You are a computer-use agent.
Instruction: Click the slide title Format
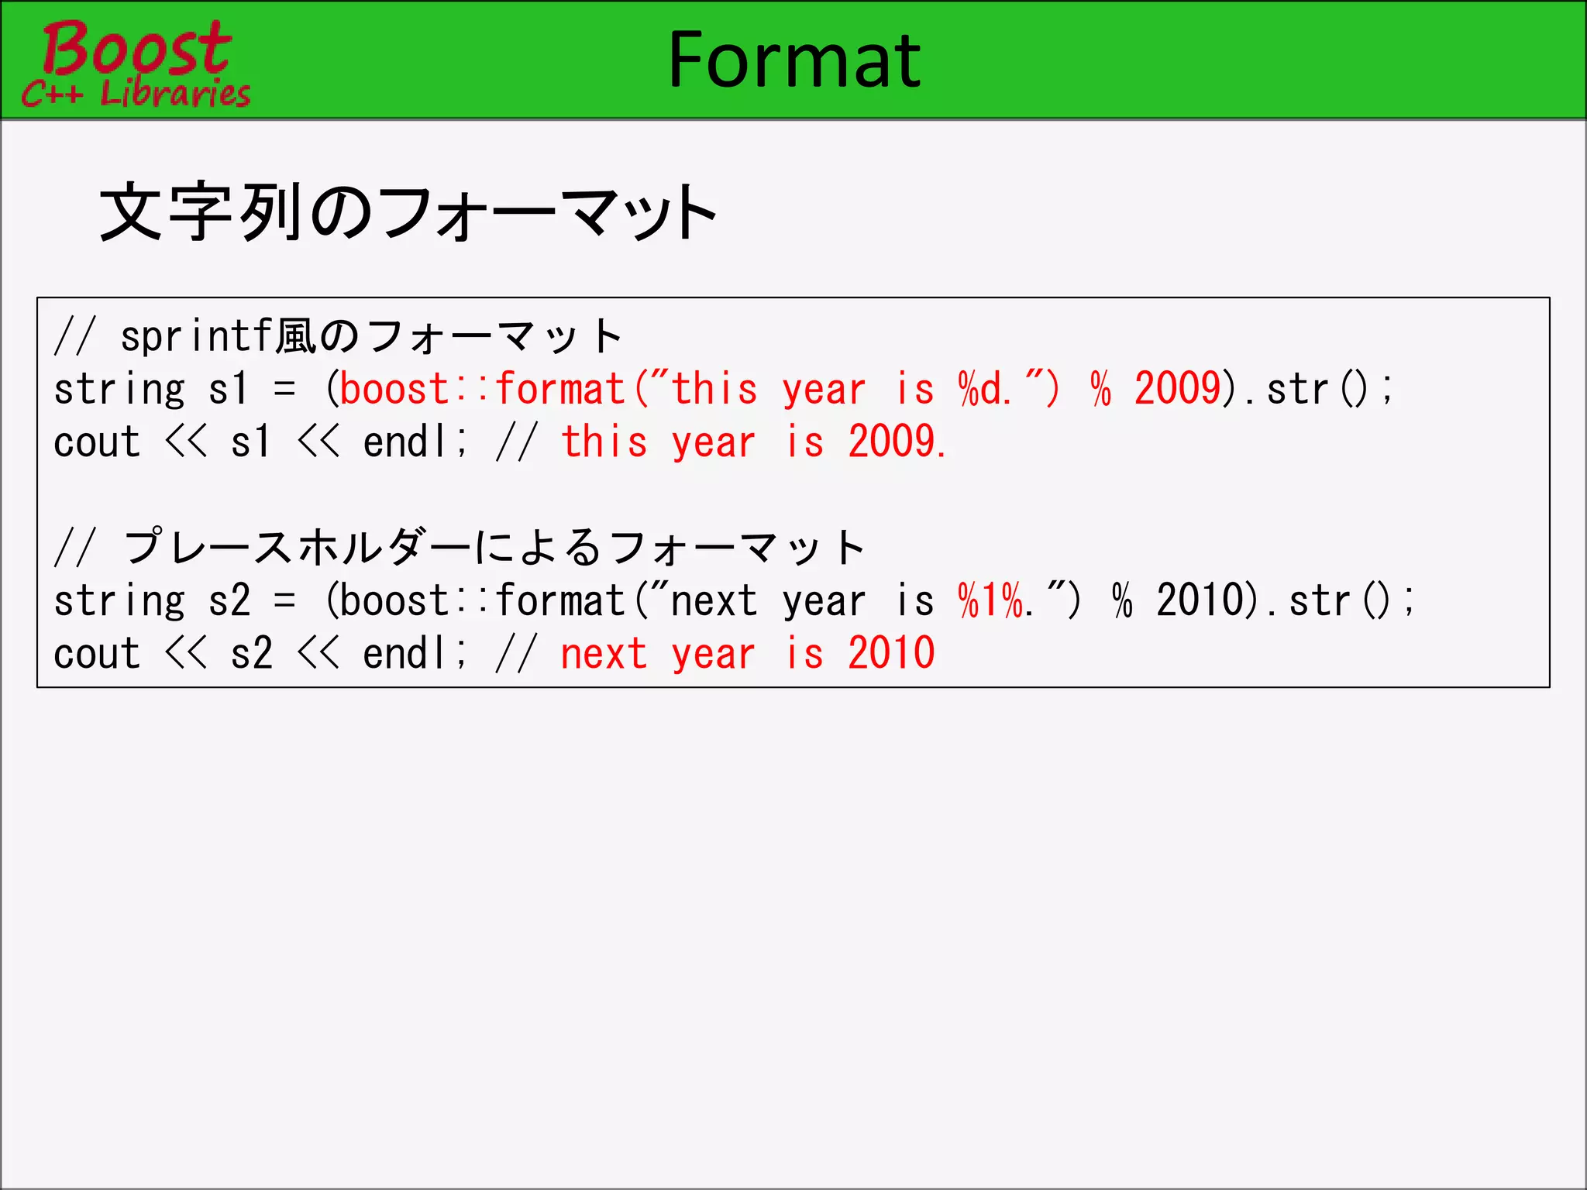point(794,60)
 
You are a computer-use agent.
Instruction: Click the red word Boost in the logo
point(136,48)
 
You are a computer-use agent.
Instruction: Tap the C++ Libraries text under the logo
point(136,94)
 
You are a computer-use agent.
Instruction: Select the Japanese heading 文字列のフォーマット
point(408,212)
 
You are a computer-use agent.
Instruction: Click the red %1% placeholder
point(991,600)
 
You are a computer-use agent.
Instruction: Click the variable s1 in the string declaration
point(229,388)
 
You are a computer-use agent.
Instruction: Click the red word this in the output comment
point(604,442)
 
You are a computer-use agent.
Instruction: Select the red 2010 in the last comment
point(891,653)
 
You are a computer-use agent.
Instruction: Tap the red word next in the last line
point(604,653)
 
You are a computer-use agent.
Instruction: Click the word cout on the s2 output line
point(97,653)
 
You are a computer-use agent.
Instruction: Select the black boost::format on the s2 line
point(482,600)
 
